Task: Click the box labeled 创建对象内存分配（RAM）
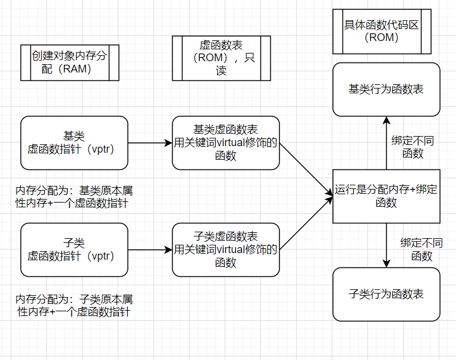(70, 62)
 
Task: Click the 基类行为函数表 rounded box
(386, 89)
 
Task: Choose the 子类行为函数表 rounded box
(386, 295)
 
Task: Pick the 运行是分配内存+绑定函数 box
(386, 196)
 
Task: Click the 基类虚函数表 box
(225, 143)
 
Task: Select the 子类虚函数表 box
(225, 250)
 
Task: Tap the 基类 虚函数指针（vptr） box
(74, 143)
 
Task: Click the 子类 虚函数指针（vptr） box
(74, 250)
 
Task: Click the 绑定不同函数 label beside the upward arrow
(413, 147)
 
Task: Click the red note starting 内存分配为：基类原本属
(74, 197)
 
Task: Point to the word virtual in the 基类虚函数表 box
(233, 143)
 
